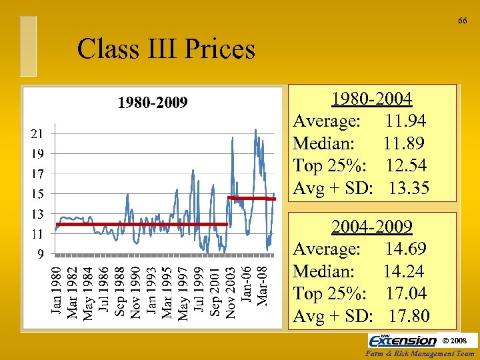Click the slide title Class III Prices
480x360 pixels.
165,49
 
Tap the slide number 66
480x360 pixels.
462,21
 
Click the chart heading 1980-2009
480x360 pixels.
153,103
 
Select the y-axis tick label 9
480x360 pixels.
41,254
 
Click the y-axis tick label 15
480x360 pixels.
37,194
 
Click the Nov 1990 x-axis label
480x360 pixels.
135,291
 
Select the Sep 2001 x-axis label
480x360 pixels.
215,291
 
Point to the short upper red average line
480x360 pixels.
251,198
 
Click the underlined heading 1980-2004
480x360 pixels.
372,99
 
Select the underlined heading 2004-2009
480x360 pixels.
372,227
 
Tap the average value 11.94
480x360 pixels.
405,121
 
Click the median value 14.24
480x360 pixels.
404,271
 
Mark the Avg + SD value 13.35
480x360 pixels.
409,188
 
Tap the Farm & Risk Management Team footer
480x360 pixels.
421,353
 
